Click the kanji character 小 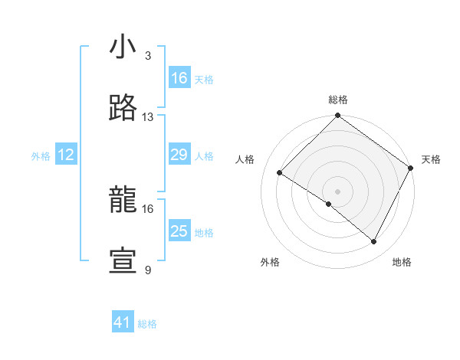[x=123, y=47]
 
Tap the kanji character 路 [x=123, y=108]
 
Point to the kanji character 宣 [x=123, y=261]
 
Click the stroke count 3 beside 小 [x=148, y=56]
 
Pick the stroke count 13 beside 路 [x=148, y=117]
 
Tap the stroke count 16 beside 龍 [x=148, y=208]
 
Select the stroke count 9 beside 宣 [x=148, y=270]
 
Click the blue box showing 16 [x=179, y=78]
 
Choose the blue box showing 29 [x=179, y=155]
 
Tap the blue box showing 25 [x=179, y=231]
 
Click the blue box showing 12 [x=66, y=155]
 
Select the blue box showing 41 [x=123, y=322]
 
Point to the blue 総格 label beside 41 [x=147, y=324]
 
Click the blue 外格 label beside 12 [x=41, y=156]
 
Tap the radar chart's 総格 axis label [x=338, y=100]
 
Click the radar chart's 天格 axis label [x=431, y=159]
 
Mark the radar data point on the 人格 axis [x=280, y=173]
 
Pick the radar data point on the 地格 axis [x=374, y=242]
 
